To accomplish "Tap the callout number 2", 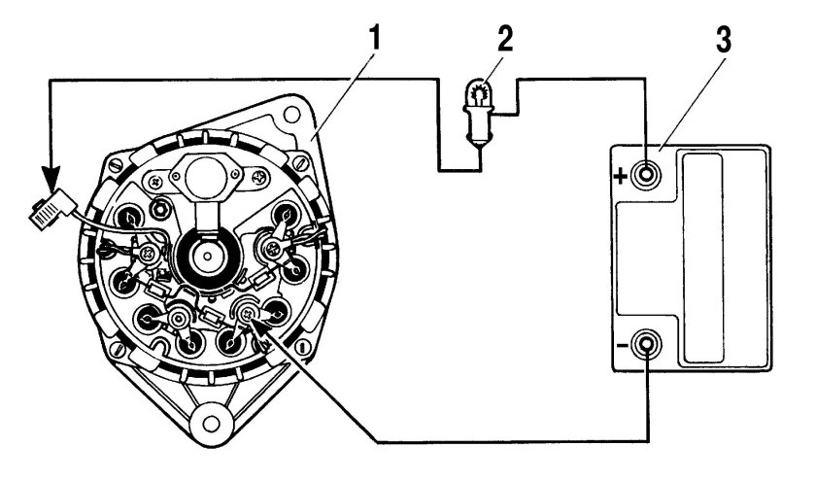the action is coord(504,39).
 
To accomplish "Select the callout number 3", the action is coord(723,39).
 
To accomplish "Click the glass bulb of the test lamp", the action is coord(478,92).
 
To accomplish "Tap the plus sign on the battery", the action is coord(620,177).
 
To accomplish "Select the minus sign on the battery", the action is coord(621,345).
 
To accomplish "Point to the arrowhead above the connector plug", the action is coord(51,180).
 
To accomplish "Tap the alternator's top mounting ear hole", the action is coord(290,114).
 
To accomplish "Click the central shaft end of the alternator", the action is coord(207,257).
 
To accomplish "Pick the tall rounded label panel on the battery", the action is coord(702,258).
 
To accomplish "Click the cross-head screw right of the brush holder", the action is coord(258,178).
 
